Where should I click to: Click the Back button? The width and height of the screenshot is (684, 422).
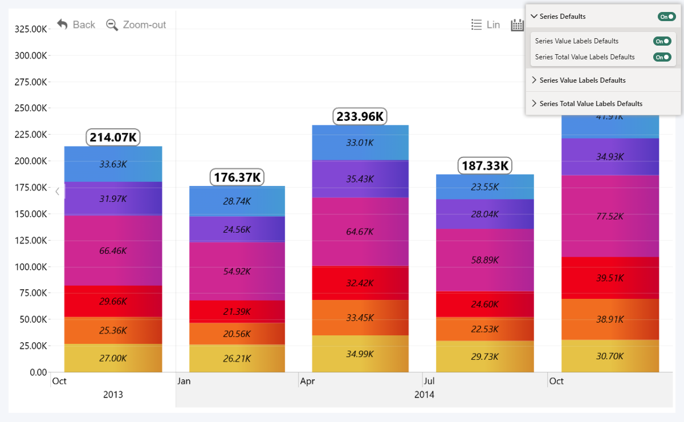coord(76,25)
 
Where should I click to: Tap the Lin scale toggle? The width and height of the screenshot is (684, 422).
coord(486,25)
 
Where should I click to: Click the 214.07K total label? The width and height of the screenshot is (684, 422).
coord(113,137)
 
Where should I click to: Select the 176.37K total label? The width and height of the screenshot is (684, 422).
coord(237,177)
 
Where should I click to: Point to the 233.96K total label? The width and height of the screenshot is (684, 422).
coord(360,116)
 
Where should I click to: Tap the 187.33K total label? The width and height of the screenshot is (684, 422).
coord(485,166)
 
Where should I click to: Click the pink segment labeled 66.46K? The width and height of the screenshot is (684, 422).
coord(113,250)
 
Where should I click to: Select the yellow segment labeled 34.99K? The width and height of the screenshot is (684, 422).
coord(360,354)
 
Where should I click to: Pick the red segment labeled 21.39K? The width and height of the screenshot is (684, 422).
coord(237,311)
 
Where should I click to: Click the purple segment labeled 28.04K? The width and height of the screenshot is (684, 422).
coord(485,214)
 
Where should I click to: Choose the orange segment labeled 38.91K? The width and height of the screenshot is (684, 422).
coord(610,319)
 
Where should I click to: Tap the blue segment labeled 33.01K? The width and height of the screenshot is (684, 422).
coord(360,143)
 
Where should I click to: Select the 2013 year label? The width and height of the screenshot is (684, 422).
coord(113,395)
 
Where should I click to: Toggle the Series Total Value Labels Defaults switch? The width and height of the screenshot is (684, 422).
coord(662,57)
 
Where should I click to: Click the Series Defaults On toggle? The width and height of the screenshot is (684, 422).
coord(666,17)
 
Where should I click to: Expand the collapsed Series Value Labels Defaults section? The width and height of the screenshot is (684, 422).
coord(582,80)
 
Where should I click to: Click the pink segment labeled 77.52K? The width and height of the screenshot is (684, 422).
coord(610,217)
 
